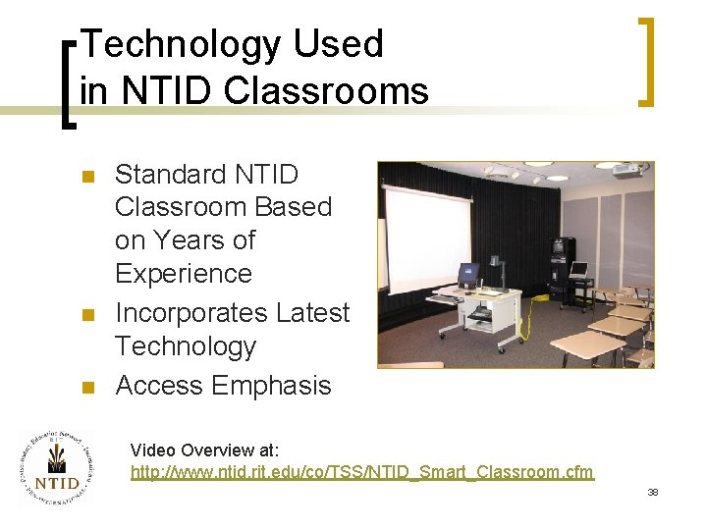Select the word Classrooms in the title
pyautogui.click(x=326, y=90)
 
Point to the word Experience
pyautogui.click(x=184, y=273)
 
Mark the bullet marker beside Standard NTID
pyautogui.click(x=86, y=177)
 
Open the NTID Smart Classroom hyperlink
pyautogui.click(x=361, y=472)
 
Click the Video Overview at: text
pyautogui.click(x=205, y=450)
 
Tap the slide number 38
pyautogui.click(x=652, y=492)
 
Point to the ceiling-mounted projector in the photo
pyautogui.click(x=628, y=170)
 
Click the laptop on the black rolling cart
pyautogui.click(x=579, y=270)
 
